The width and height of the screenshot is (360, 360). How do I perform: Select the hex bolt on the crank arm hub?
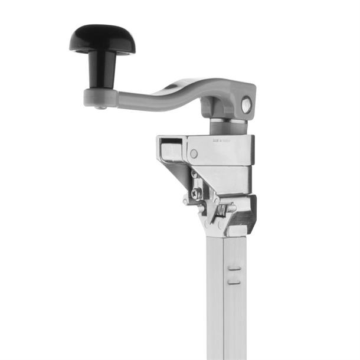click(x=246, y=106)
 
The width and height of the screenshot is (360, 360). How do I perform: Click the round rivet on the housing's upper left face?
click(x=194, y=153)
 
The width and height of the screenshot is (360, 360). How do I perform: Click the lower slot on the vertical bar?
click(x=234, y=282)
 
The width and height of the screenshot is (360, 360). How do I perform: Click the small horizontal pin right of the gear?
click(x=231, y=208)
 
